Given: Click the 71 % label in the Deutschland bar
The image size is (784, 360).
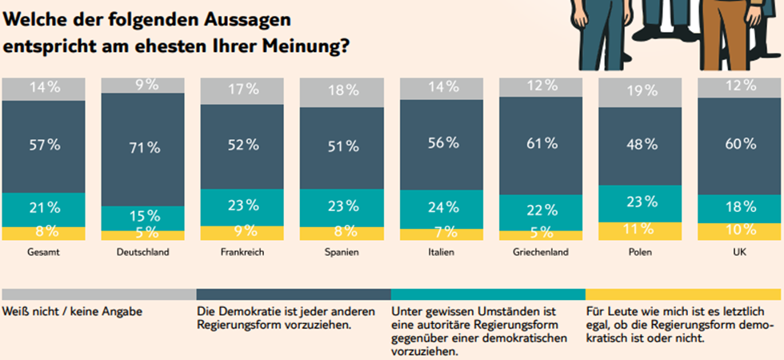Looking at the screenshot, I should point(143,147).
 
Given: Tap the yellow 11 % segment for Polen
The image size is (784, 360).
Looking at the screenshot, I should point(641,230).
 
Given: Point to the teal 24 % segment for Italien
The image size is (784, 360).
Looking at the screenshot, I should point(442,208).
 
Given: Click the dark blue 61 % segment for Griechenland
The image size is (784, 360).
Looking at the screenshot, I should point(541,144).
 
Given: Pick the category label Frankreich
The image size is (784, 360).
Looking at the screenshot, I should point(242,252).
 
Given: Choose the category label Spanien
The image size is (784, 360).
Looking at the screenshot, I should point(342,252).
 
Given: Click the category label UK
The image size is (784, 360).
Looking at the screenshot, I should point(740,252).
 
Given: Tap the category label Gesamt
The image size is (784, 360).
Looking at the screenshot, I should point(43,252).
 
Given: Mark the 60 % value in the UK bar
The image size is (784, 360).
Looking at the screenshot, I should point(740,145).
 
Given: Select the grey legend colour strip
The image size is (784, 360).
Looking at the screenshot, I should point(98,294).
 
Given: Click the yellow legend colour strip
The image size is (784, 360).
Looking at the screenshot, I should point(685,294).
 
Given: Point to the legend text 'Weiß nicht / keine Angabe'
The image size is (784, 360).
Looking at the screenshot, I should point(73,310).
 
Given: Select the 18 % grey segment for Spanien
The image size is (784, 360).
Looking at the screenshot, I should point(342,91).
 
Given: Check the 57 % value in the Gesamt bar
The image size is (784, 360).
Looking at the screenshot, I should point(43,146).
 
